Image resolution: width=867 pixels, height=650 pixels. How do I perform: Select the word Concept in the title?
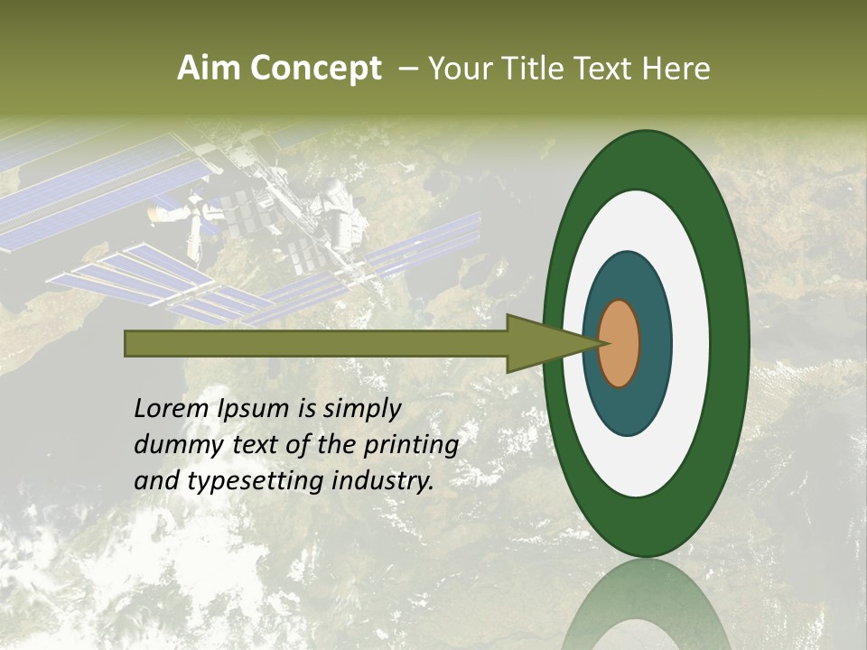tap(315, 69)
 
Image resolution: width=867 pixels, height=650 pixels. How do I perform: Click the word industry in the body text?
tap(383, 482)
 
